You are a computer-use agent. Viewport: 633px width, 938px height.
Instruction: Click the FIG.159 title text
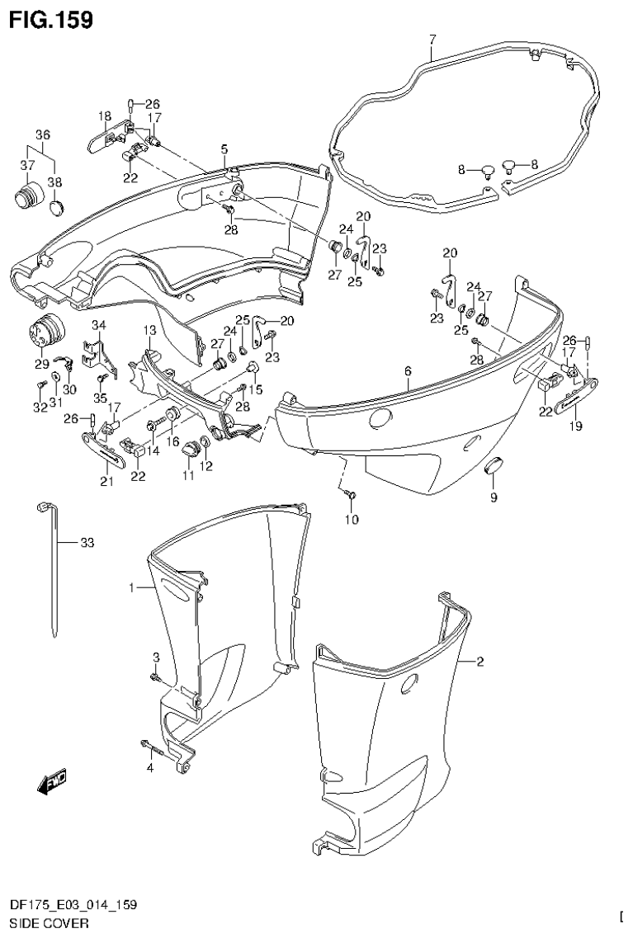[50, 18]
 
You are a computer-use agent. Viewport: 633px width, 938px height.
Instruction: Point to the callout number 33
[88, 543]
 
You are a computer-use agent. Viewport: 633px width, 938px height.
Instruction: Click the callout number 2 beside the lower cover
[481, 662]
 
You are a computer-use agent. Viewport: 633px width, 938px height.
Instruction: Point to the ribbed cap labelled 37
[28, 198]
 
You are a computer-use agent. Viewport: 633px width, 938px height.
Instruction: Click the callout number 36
[43, 134]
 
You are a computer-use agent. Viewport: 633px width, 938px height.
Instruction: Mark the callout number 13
[149, 330]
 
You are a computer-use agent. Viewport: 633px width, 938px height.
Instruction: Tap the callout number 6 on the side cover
[408, 372]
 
